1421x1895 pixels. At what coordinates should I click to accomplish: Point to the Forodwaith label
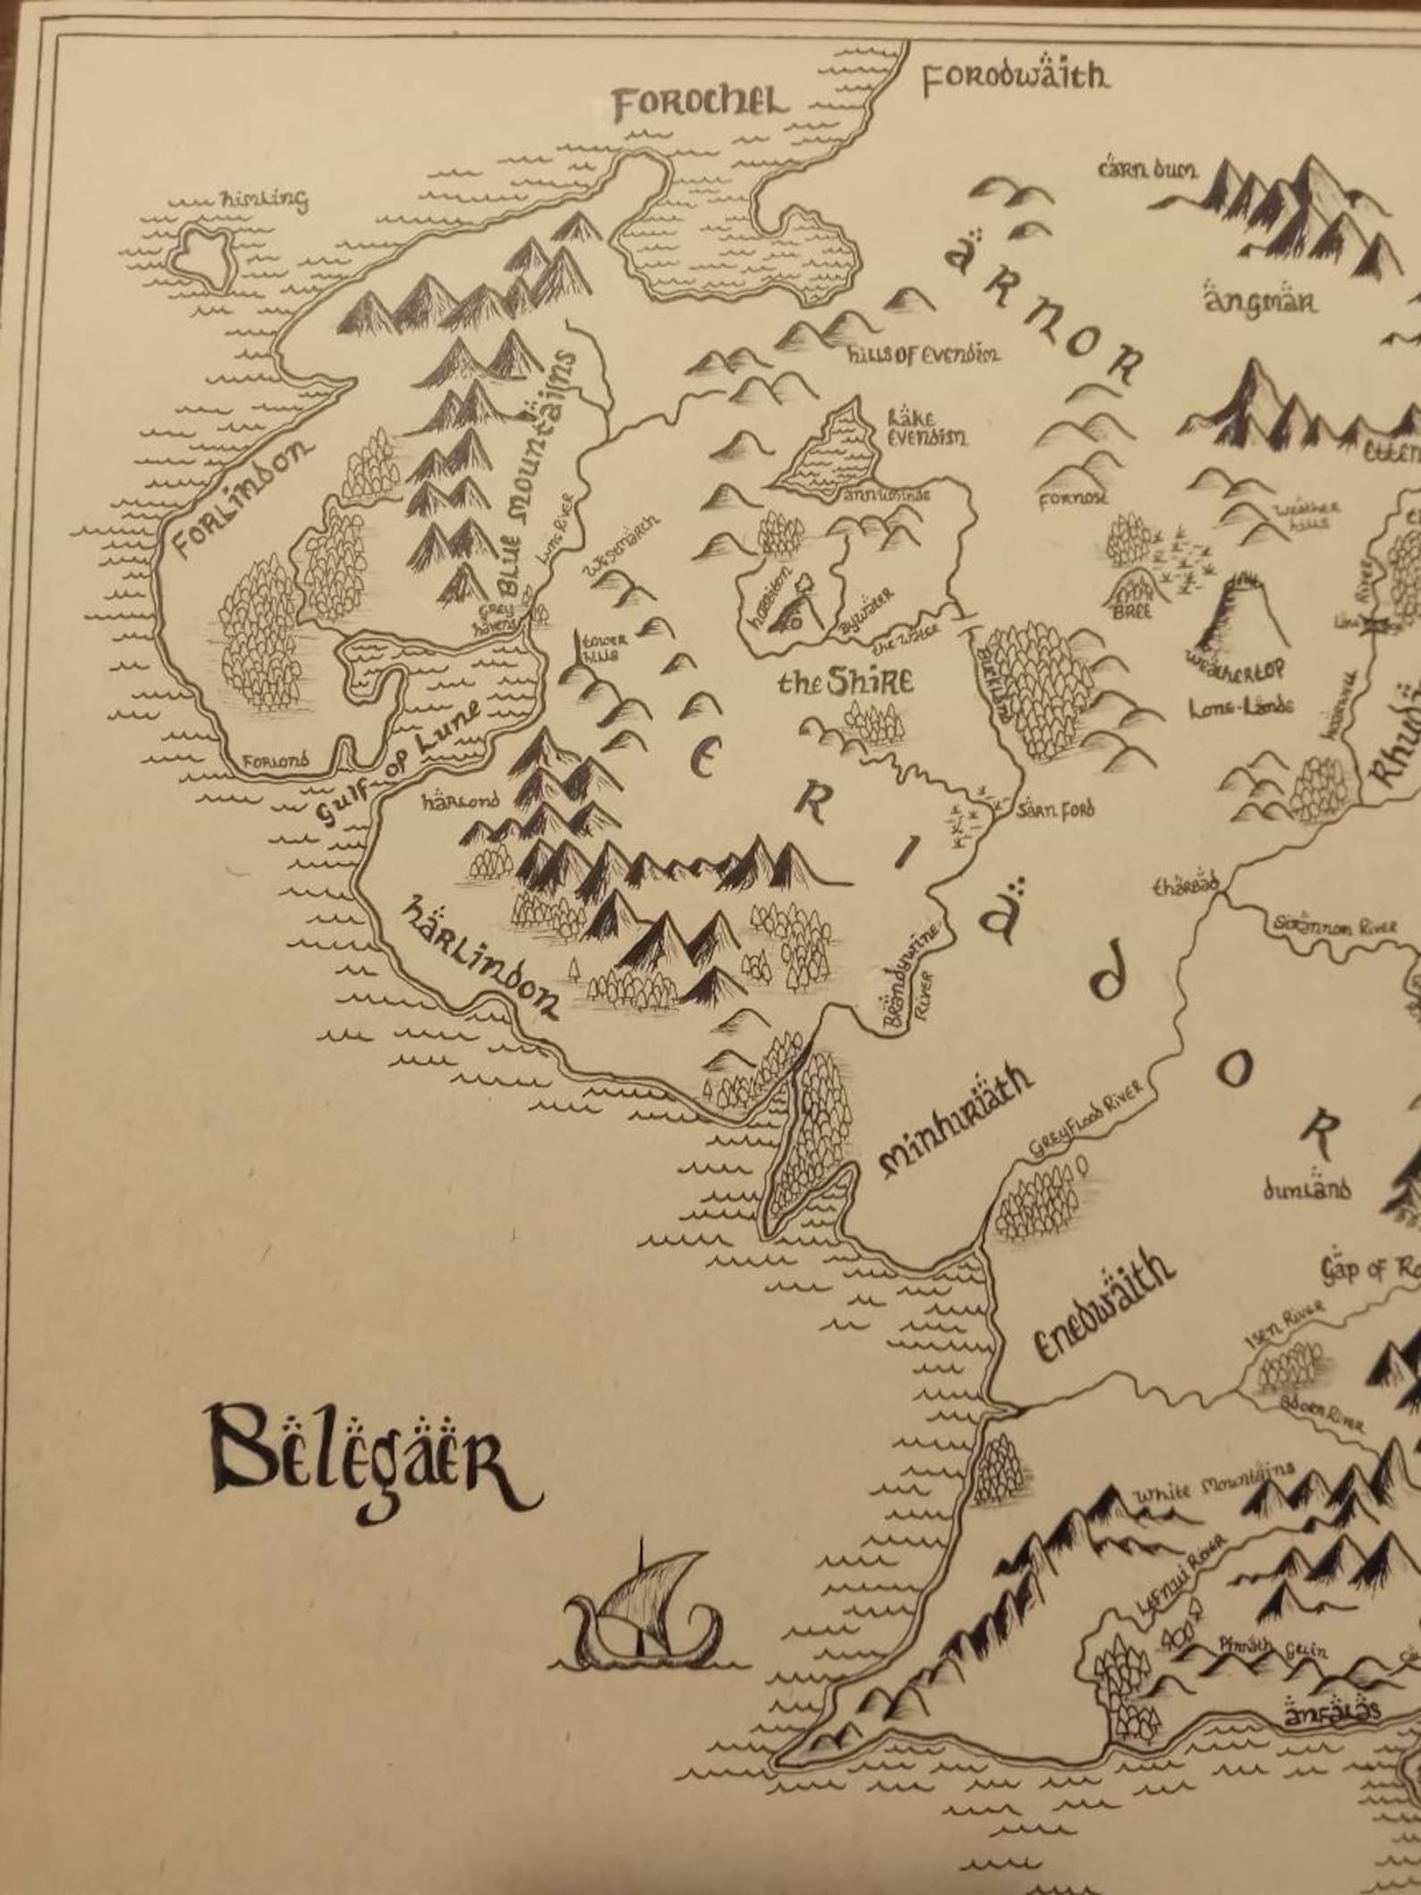[1016, 79]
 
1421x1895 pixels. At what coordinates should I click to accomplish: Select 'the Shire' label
[846, 682]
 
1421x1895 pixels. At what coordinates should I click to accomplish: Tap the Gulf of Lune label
[402, 761]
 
